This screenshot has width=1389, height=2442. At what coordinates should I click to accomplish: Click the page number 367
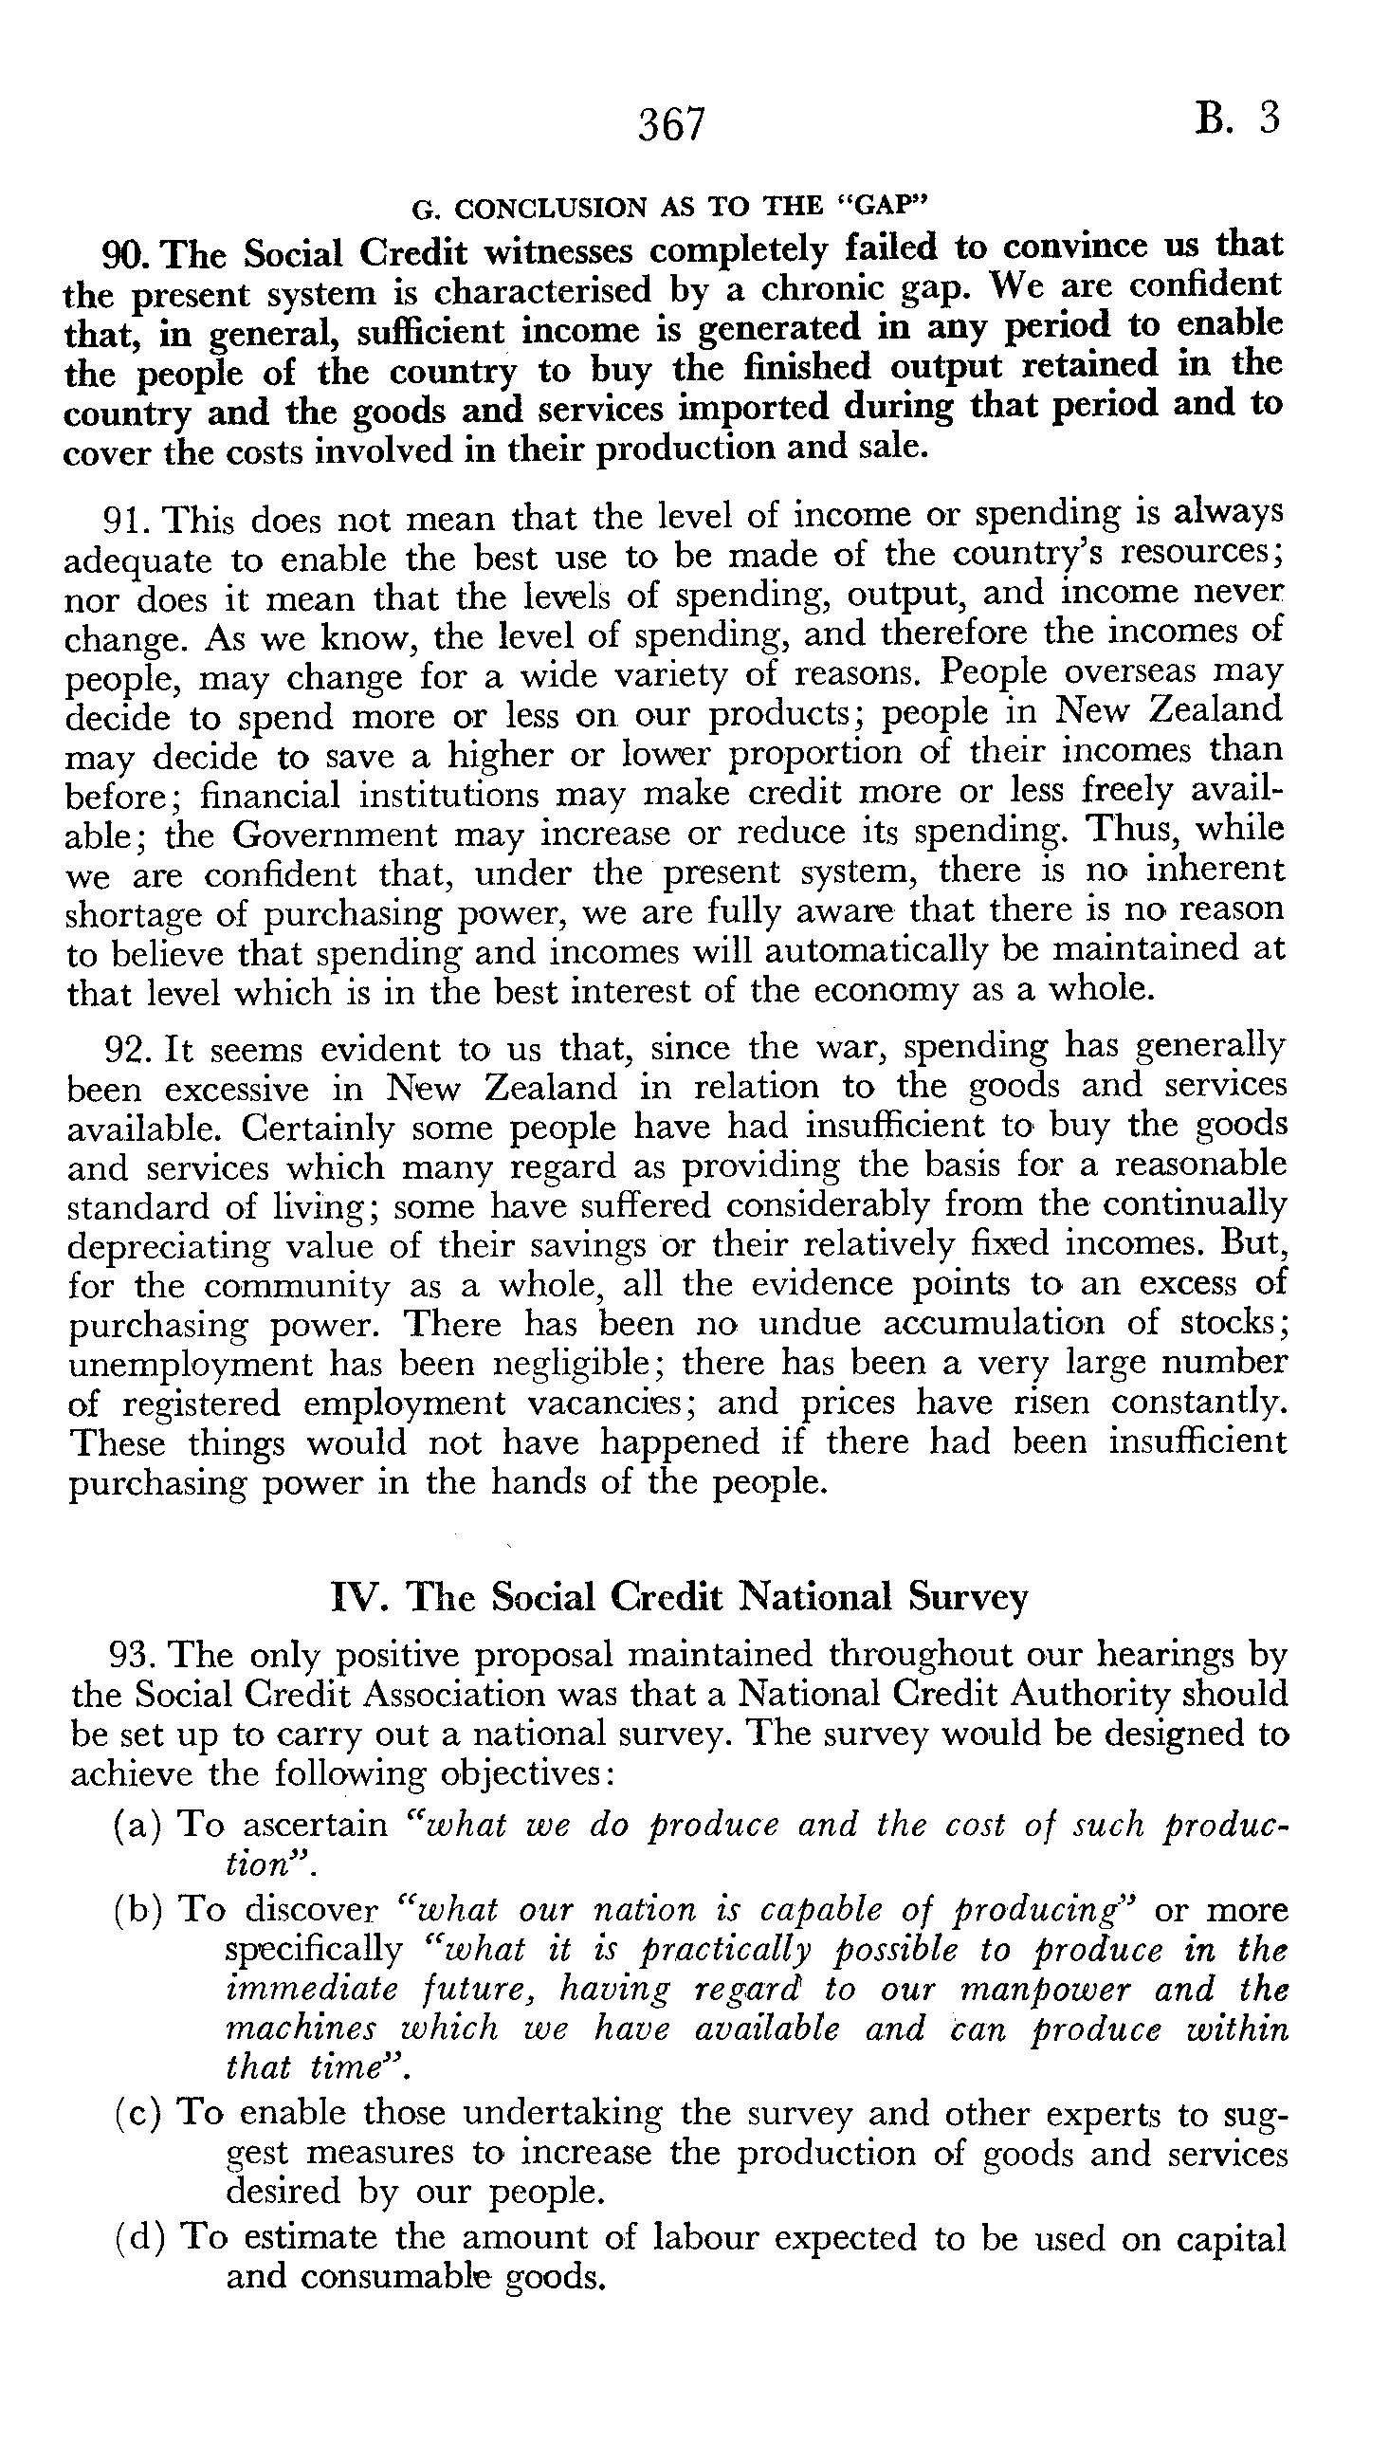[671, 125]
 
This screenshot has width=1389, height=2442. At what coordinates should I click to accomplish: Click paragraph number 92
[129, 1050]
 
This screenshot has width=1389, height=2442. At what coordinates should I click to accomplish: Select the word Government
[331, 835]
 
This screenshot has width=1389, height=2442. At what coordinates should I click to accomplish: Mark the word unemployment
[190, 1364]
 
